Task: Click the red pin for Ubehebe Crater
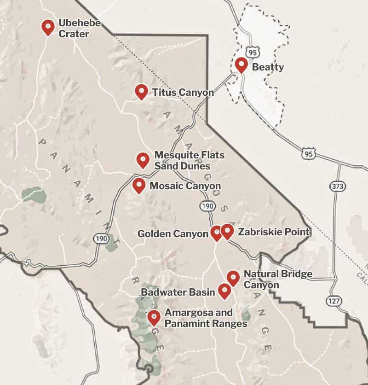(x=48, y=27)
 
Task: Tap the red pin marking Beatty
(x=241, y=64)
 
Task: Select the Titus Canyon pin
(x=141, y=91)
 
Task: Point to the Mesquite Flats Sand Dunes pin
(x=143, y=159)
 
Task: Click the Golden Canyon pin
(x=216, y=233)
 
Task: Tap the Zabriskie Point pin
(x=227, y=231)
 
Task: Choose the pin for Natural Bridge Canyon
(x=233, y=277)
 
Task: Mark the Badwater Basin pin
(x=224, y=290)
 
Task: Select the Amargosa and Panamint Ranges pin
(x=153, y=317)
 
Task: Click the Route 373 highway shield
(x=337, y=186)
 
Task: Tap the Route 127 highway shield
(x=334, y=300)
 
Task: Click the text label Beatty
(x=268, y=67)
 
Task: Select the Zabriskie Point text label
(x=274, y=232)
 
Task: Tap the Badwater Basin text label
(x=178, y=292)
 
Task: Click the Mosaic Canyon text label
(x=185, y=186)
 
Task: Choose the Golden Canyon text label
(x=173, y=234)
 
